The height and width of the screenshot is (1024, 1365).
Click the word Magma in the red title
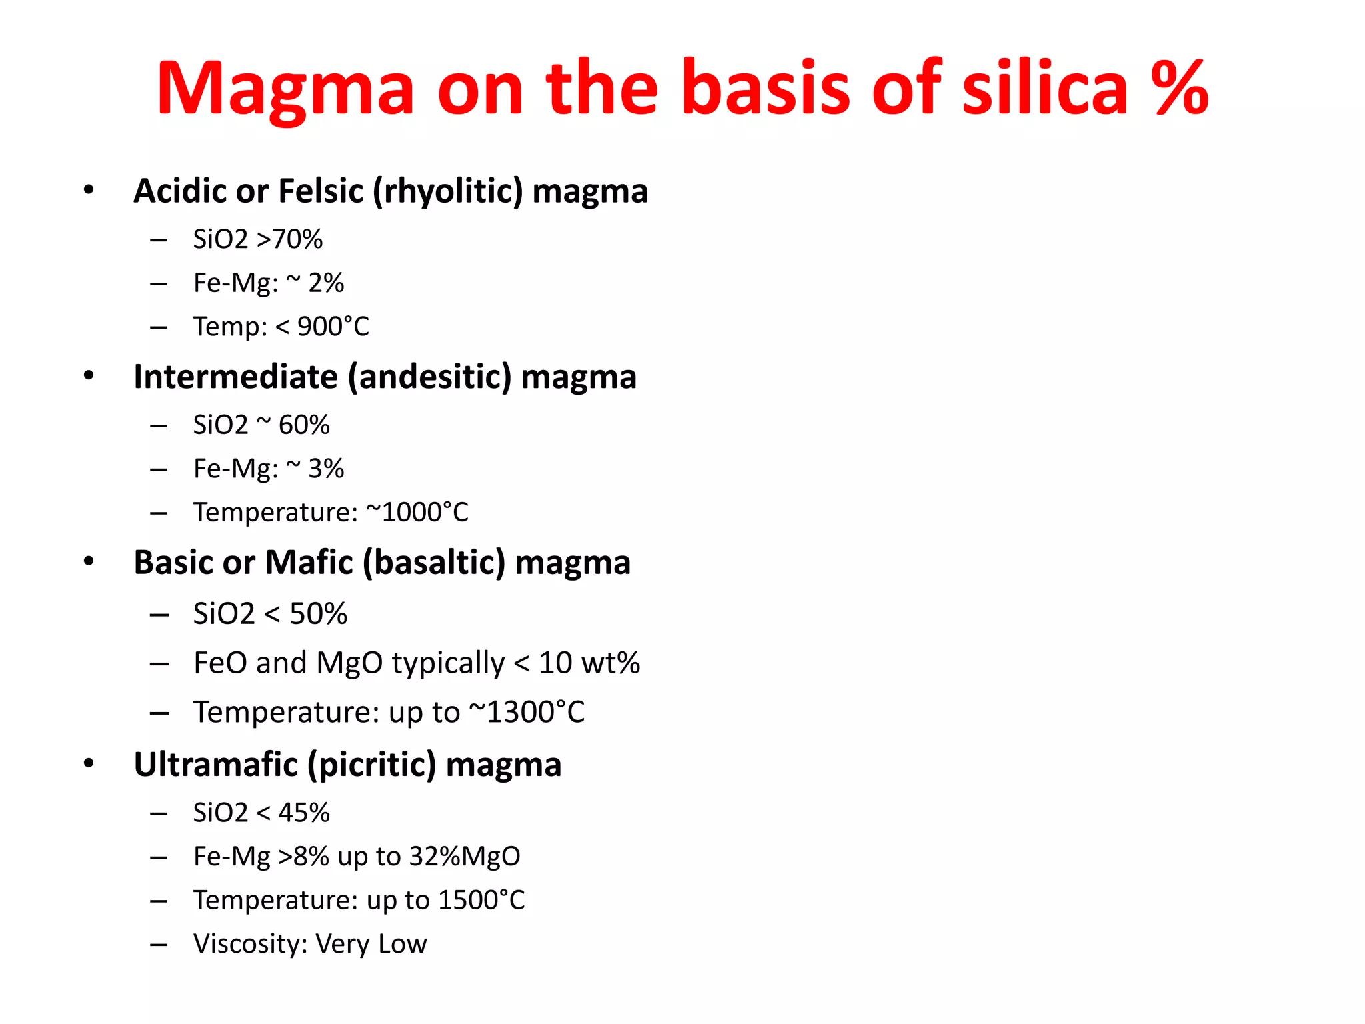click(285, 89)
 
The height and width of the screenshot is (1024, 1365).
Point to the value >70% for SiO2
click(289, 239)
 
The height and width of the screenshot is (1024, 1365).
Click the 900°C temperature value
click(333, 327)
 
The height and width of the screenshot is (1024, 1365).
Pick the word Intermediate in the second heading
click(235, 377)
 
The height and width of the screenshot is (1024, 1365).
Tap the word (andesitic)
click(430, 377)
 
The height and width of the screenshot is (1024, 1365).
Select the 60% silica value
click(304, 425)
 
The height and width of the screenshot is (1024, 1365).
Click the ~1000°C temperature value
click(417, 513)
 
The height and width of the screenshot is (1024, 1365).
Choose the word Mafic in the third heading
click(309, 563)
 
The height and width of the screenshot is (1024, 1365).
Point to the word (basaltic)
click(434, 563)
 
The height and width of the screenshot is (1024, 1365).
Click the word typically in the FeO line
click(448, 664)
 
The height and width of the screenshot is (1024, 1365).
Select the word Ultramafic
click(215, 765)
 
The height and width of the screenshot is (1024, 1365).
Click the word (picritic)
click(371, 765)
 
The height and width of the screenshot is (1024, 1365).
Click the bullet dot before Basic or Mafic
click(89, 561)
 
